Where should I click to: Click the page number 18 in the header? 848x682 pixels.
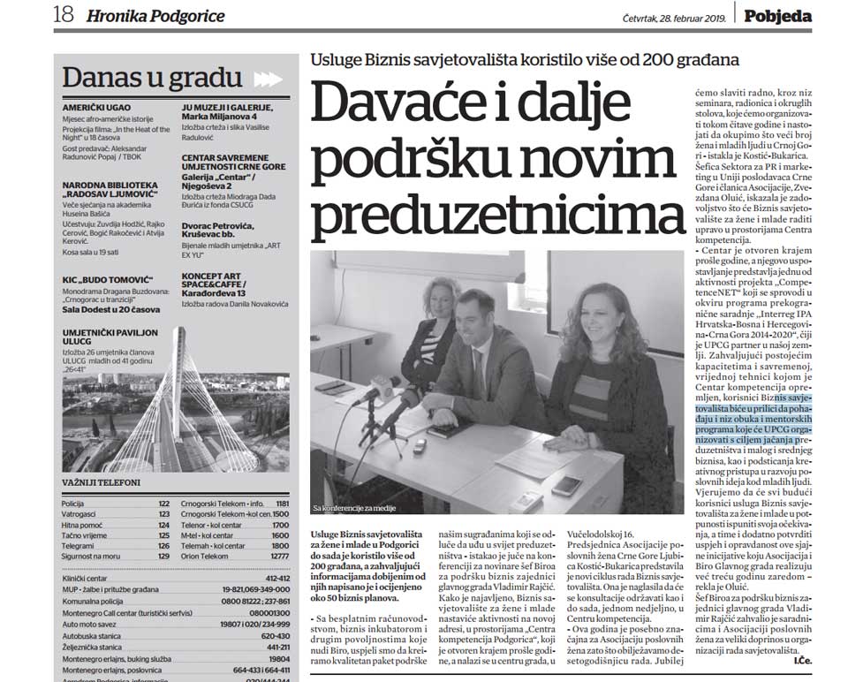64,15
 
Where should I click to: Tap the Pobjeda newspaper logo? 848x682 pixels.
776,15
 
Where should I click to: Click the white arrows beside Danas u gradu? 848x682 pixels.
268,79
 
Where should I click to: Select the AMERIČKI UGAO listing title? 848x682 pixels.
97,106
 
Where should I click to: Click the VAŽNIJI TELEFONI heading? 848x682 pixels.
102,482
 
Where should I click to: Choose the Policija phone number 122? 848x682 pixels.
163,503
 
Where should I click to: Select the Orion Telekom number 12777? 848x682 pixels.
279,556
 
